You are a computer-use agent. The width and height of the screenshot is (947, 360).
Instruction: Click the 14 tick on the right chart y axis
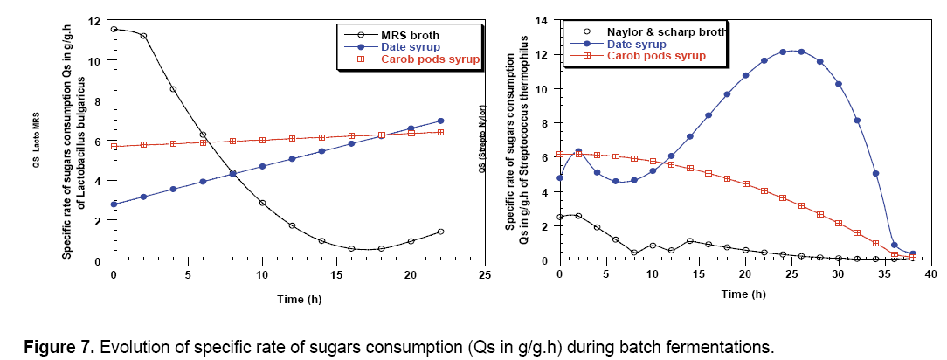click(x=550, y=21)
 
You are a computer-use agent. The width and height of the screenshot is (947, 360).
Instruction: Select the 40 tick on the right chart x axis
click(x=931, y=274)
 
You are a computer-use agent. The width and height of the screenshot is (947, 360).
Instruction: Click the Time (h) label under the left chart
click(x=298, y=298)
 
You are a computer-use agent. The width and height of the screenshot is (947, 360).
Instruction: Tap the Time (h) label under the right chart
click(x=745, y=294)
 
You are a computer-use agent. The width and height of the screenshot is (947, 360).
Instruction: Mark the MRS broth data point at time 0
click(x=114, y=29)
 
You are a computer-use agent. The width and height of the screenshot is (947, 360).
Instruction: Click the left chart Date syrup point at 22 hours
click(x=440, y=121)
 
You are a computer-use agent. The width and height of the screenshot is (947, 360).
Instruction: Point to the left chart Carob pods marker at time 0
click(x=114, y=147)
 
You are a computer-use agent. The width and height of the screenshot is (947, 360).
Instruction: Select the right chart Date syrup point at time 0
click(x=560, y=178)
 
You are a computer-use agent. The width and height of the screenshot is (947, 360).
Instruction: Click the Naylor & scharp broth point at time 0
click(x=560, y=218)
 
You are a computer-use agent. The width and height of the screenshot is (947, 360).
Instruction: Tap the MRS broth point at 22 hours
click(x=440, y=232)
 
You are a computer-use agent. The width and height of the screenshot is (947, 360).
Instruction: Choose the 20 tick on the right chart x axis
click(x=745, y=274)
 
